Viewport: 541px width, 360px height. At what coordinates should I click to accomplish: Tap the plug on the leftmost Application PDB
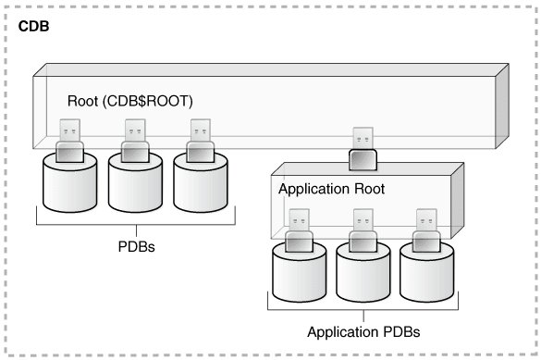point(298,230)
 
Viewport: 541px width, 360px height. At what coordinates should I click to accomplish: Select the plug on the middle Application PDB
point(363,230)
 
